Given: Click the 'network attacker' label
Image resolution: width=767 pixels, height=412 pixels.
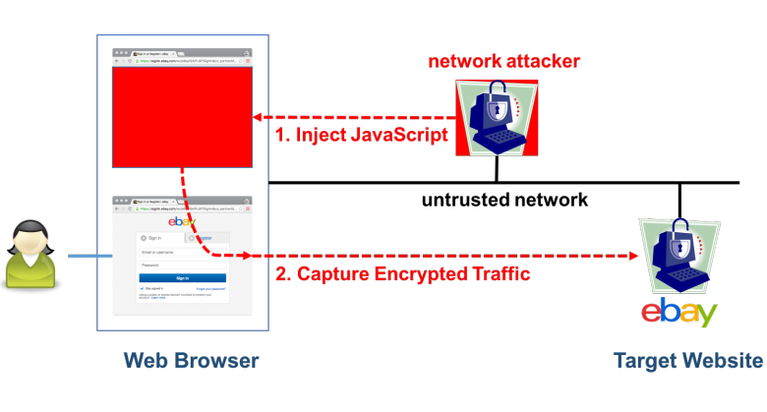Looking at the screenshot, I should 503,62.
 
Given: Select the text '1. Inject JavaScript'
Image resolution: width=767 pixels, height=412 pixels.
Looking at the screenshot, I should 362,134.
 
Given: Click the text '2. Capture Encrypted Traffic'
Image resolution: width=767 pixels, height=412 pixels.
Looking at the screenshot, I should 403,273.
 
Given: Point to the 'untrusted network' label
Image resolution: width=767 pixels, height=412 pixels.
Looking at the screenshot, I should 504,200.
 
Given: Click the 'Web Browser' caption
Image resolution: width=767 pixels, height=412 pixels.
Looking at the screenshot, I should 191,361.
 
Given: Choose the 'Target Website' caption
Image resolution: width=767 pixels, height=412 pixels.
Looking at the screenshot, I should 687,361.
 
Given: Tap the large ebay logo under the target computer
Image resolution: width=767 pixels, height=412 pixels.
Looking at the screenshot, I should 678,313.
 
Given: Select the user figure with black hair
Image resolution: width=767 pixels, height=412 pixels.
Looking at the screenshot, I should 30,255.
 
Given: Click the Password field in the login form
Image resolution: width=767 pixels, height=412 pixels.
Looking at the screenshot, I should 182,265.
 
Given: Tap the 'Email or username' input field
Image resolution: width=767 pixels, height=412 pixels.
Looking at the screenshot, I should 182,252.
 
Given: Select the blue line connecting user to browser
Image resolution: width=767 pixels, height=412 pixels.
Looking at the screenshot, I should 82,258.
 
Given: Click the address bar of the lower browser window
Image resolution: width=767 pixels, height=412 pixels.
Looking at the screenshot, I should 187,208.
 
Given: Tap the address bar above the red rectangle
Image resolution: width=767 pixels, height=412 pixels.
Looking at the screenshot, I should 187,60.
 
